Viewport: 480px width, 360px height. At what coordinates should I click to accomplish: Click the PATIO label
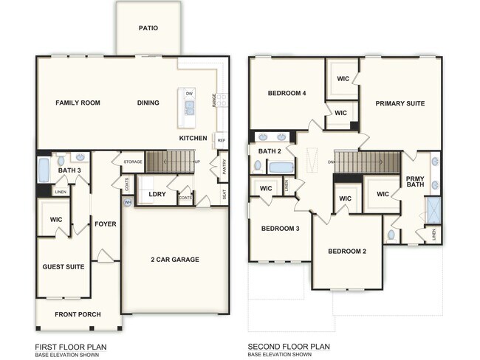tap(148, 29)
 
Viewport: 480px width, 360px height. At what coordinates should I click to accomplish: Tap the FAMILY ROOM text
tap(78, 103)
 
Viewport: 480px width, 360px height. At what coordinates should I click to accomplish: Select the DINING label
tap(148, 103)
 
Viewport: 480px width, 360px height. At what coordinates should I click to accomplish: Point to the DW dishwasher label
tap(189, 94)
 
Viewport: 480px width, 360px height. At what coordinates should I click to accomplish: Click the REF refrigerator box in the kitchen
tap(221, 139)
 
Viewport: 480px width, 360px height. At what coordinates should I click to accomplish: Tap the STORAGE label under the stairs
tap(133, 162)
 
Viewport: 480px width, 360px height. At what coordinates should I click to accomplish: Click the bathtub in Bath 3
tap(44, 171)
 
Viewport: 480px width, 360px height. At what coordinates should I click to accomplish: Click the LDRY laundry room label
tap(157, 195)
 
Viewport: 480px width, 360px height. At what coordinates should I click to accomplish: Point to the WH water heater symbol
tap(127, 202)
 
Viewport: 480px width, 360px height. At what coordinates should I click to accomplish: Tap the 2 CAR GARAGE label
tap(175, 259)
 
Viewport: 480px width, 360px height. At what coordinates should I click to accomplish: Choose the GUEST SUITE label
tap(63, 266)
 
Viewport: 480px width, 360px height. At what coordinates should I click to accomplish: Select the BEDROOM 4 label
tap(287, 93)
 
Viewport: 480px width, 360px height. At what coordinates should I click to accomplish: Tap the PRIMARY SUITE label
tap(400, 103)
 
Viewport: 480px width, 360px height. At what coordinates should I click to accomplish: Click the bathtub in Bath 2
tap(281, 167)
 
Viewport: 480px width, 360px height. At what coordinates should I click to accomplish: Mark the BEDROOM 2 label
tap(348, 251)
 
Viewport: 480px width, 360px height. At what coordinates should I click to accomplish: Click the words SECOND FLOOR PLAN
tap(289, 346)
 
